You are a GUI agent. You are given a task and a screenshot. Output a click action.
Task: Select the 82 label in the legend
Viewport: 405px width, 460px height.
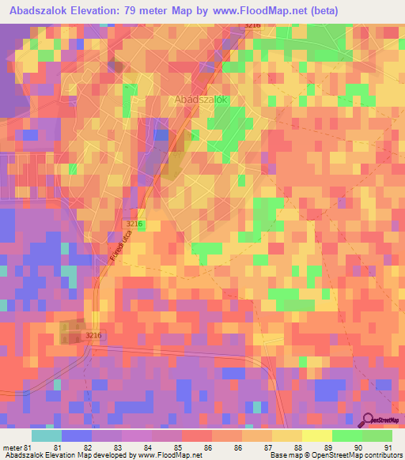pyautogui.click(x=96, y=447)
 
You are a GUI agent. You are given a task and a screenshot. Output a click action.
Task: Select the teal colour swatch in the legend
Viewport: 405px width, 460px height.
pyautogui.click(x=47, y=435)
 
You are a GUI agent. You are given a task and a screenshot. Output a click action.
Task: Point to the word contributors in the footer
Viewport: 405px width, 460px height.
pyautogui.click(x=381, y=455)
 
